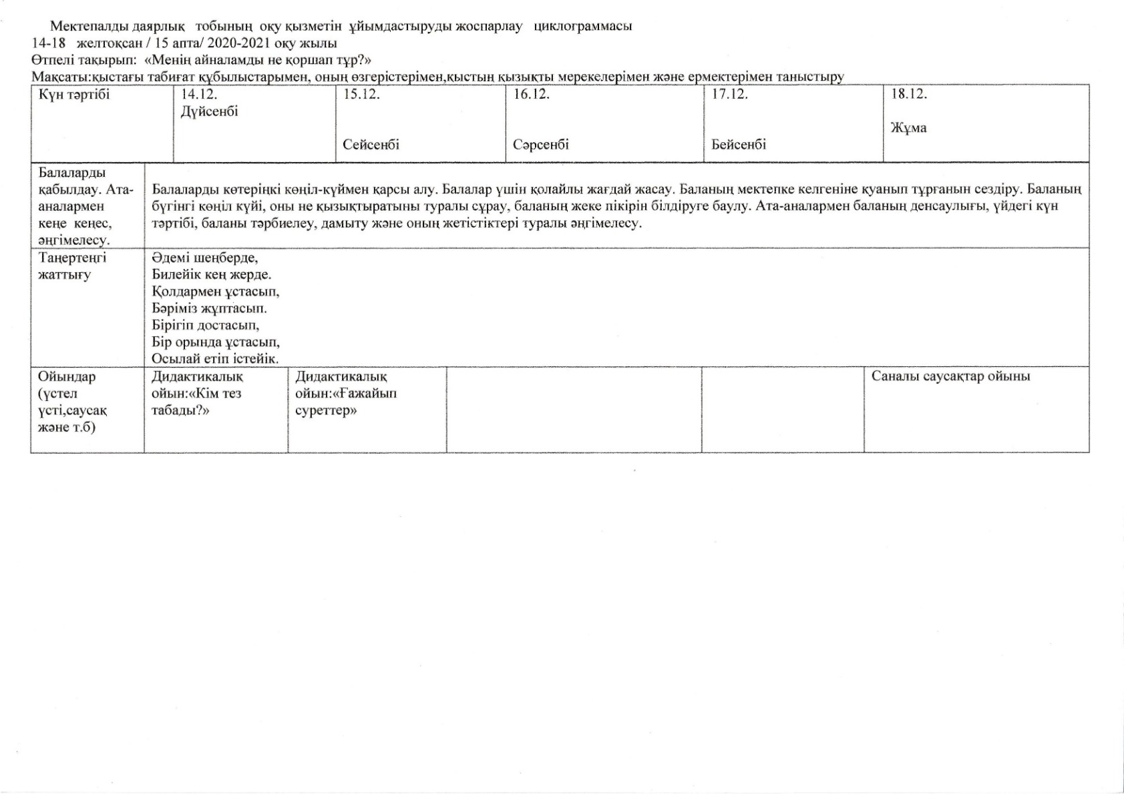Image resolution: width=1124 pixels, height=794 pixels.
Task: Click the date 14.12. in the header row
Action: click(x=199, y=95)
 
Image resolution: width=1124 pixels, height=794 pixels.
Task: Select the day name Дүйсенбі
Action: click(x=209, y=111)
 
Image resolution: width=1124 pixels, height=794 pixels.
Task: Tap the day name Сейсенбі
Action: click(x=371, y=145)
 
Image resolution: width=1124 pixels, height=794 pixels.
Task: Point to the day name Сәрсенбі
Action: click(x=541, y=145)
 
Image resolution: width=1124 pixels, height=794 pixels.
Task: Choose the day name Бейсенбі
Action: click(x=739, y=145)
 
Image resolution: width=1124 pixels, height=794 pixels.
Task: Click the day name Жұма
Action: click(x=908, y=128)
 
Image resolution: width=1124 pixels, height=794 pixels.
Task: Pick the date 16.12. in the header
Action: click(x=532, y=95)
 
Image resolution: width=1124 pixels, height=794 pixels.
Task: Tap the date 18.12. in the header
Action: click(x=909, y=95)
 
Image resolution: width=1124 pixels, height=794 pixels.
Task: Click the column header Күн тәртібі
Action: click(x=74, y=95)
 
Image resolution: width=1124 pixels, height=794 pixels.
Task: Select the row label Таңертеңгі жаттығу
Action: click(x=72, y=266)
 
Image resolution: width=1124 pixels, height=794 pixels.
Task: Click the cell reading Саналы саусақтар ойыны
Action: click(x=950, y=376)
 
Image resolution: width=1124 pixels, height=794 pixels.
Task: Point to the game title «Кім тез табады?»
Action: click(x=198, y=402)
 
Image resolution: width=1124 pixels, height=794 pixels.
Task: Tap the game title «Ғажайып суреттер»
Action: click(x=346, y=402)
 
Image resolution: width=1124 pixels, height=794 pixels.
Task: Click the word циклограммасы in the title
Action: click(x=583, y=27)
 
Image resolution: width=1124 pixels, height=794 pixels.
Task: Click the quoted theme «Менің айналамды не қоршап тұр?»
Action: click(x=258, y=60)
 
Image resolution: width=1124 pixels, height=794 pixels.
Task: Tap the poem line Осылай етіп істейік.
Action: click(x=215, y=359)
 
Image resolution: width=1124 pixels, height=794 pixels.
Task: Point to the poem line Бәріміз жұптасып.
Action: click(x=209, y=308)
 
